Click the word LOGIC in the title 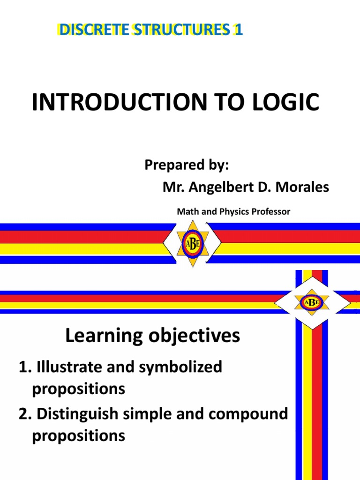tap(284, 103)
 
